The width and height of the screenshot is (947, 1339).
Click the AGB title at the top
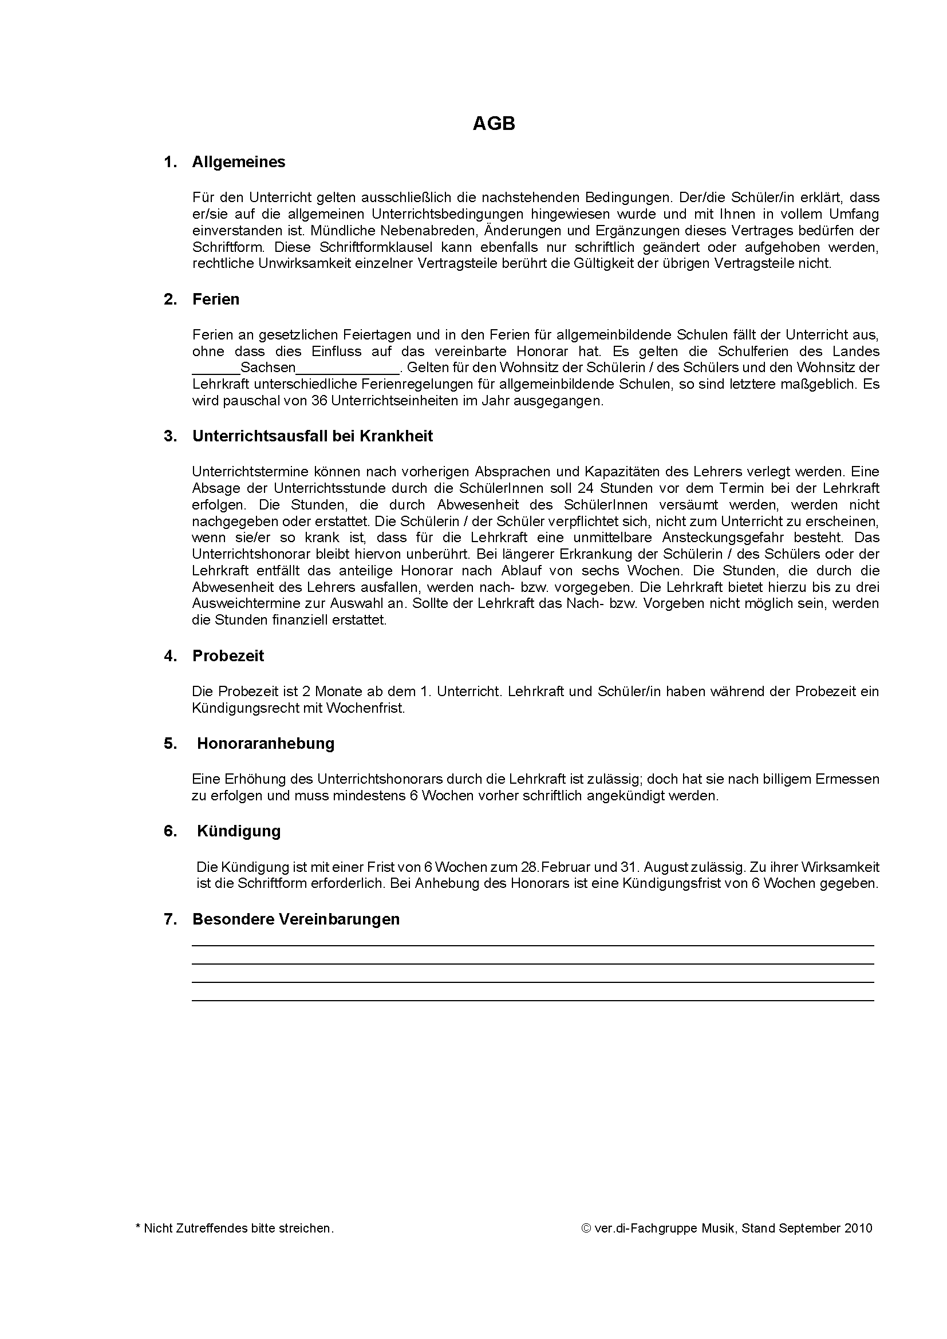(494, 124)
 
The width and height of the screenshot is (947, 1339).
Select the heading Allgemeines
(239, 162)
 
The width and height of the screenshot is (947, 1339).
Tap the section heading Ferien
(216, 299)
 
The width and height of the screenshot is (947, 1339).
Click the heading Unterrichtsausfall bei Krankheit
(313, 436)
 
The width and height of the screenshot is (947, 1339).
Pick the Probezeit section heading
(228, 656)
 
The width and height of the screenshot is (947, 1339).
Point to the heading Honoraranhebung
(265, 744)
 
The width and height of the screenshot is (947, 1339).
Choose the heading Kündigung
(239, 831)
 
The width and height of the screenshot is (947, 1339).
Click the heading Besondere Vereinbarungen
(295, 919)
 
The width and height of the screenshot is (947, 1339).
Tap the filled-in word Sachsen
(267, 368)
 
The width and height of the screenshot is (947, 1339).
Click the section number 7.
(169, 919)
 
